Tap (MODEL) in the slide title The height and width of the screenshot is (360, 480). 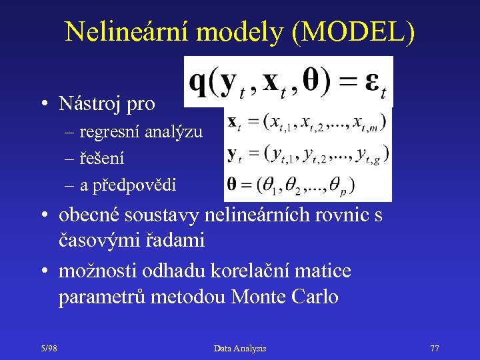point(353,32)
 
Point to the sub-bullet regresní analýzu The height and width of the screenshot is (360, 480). point(141,132)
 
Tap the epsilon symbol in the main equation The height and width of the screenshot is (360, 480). point(369,83)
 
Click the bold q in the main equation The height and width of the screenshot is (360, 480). point(198,83)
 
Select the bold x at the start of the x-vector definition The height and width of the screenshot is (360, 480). point(233,122)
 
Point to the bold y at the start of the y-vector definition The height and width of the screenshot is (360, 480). point(233,155)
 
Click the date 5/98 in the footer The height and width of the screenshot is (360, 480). point(47,348)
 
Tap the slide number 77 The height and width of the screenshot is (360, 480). point(435,348)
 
